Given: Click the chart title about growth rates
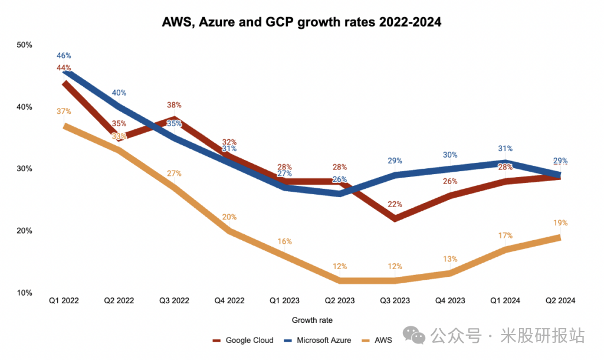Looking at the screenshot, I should (x=302, y=22).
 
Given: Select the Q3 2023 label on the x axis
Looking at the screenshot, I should (x=393, y=300).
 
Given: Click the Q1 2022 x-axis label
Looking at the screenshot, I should (x=64, y=300).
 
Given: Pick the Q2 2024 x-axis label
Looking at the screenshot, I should (x=559, y=300).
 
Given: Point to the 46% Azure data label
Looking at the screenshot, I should (x=64, y=55).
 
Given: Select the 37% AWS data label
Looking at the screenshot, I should (x=64, y=112).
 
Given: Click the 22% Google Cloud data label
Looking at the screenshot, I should (x=395, y=204).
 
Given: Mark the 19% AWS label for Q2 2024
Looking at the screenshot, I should (x=560, y=223).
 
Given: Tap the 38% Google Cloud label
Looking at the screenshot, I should (x=174, y=106).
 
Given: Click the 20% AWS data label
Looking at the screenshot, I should (x=229, y=217).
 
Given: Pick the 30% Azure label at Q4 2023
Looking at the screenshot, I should (x=450, y=155).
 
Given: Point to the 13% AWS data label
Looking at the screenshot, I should (x=450, y=258).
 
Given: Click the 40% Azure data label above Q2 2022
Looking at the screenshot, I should (x=119, y=93).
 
